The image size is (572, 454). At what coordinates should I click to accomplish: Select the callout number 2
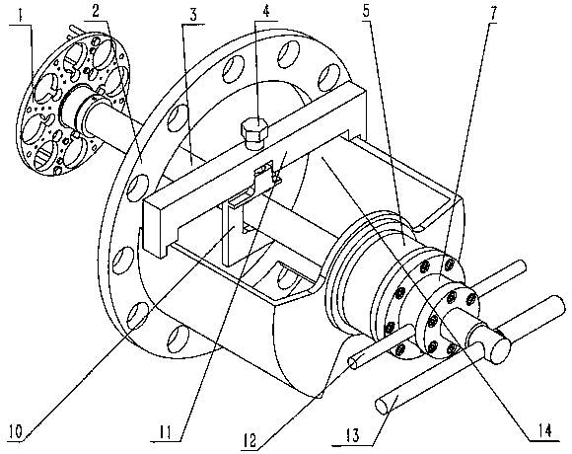[x=96, y=11]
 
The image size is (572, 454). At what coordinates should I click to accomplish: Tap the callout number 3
[x=193, y=15]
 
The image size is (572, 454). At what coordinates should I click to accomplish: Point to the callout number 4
[x=266, y=11]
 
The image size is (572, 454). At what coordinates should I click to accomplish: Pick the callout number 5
[x=366, y=11]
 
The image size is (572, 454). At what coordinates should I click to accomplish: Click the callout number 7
[x=492, y=14]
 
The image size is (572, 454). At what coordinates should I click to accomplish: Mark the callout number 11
[x=165, y=432]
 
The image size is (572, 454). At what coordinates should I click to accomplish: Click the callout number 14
[x=543, y=431]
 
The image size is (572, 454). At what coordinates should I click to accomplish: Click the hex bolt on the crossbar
[x=253, y=133]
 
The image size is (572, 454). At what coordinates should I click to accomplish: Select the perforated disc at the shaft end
[x=74, y=104]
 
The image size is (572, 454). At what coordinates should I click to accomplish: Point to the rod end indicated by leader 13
[x=383, y=406]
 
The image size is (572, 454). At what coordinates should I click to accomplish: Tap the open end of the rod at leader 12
[x=354, y=364]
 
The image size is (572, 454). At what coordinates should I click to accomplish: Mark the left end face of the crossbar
[x=152, y=227]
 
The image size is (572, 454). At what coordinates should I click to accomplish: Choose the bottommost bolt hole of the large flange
[x=177, y=339]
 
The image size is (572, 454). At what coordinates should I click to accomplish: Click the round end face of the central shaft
[x=501, y=350]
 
